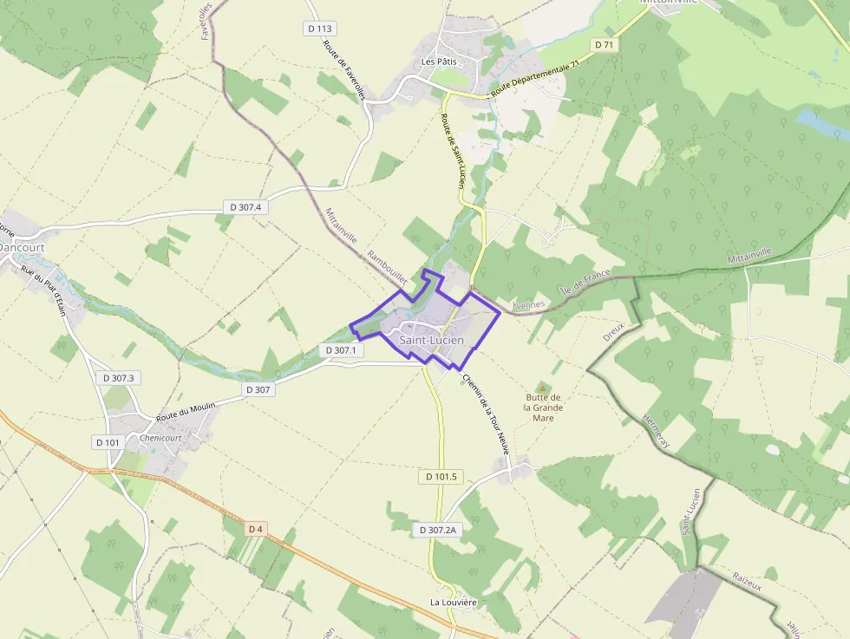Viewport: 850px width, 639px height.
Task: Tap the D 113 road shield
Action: point(320,29)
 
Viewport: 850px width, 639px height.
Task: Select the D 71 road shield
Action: point(605,44)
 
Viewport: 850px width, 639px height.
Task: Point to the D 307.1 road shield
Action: point(339,350)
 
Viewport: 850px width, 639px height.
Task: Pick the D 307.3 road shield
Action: point(118,378)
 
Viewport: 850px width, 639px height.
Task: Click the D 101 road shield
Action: point(107,442)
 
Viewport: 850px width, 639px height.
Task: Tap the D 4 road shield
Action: point(254,528)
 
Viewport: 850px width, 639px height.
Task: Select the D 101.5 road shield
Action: point(441,477)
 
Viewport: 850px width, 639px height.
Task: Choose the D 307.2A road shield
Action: point(437,530)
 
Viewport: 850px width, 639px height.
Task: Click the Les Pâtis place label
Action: point(439,62)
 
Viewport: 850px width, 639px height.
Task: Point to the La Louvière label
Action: point(454,602)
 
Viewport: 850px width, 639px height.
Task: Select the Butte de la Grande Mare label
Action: point(544,408)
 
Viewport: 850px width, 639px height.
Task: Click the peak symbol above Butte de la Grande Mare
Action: point(544,387)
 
